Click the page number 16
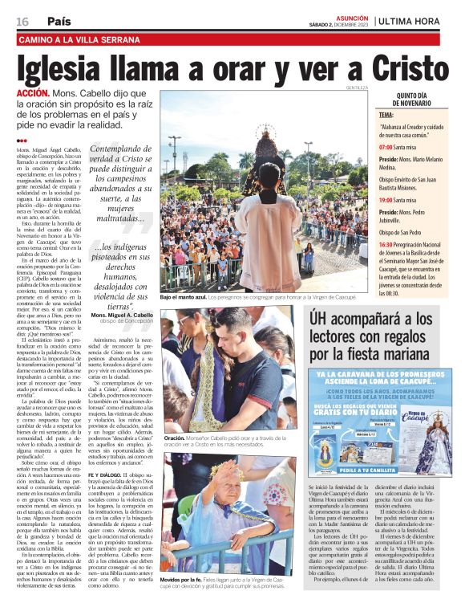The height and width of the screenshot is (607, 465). (22, 21)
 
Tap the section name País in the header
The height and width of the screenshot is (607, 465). (58, 21)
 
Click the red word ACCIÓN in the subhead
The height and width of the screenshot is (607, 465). (33, 94)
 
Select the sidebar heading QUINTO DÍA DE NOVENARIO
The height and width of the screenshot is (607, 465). (412, 100)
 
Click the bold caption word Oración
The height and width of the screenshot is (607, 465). (174, 438)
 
